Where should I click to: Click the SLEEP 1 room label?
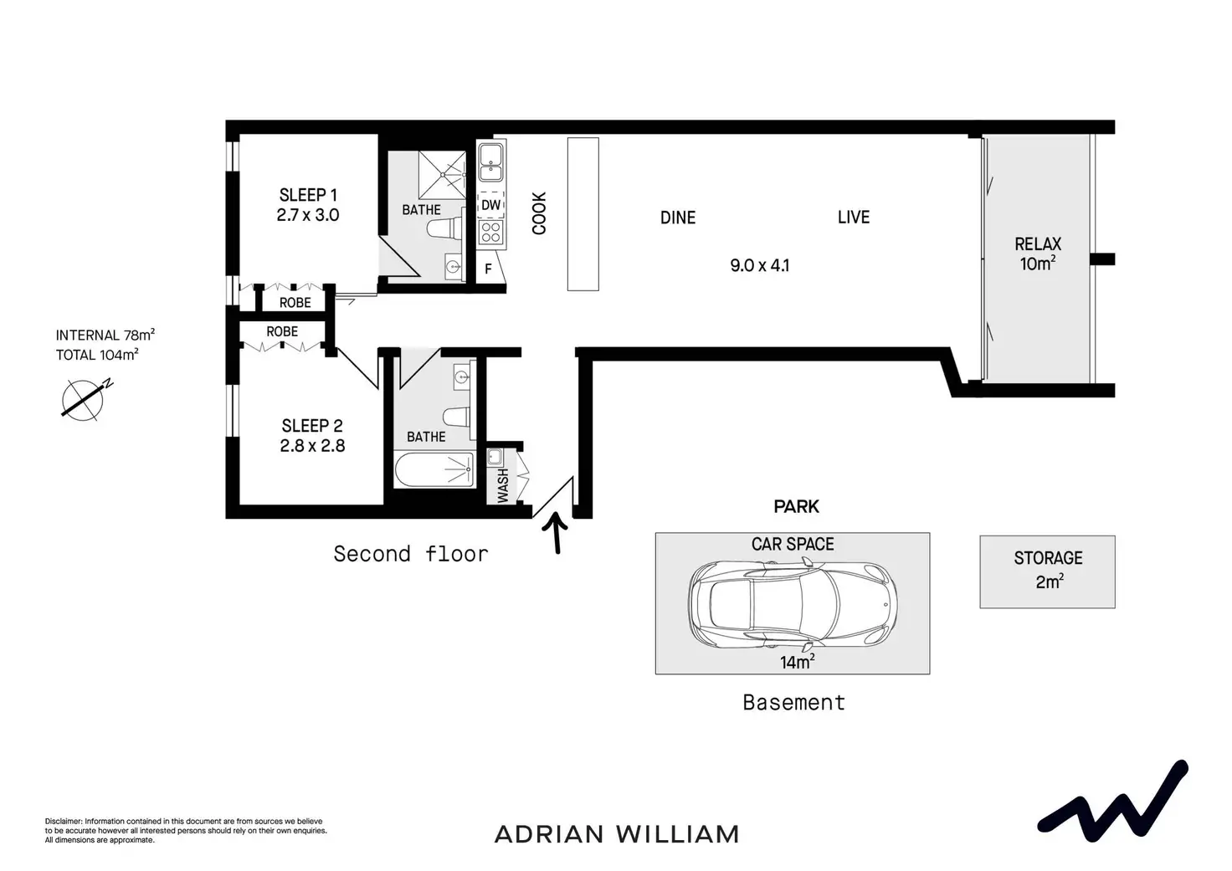(x=308, y=195)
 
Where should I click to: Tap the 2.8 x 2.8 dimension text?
(x=312, y=446)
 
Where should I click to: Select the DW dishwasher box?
(x=491, y=205)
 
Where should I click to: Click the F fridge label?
(x=489, y=270)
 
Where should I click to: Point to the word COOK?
(x=540, y=213)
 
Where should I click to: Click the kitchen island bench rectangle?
(x=583, y=214)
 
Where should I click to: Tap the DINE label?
(x=678, y=218)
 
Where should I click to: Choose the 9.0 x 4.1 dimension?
(x=759, y=266)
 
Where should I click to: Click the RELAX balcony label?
(x=1038, y=244)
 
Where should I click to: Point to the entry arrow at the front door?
(x=557, y=534)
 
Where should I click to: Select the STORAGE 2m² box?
(x=1047, y=571)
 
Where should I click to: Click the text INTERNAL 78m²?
(x=105, y=336)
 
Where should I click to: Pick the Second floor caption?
(x=410, y=554)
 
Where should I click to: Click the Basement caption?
(x=793, y=703)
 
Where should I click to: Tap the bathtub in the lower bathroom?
(x=435, y=470)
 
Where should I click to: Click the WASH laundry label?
(x=503, y=485)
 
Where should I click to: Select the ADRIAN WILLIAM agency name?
(x=617, y=834)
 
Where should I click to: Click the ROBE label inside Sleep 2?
(x=282, y=332)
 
